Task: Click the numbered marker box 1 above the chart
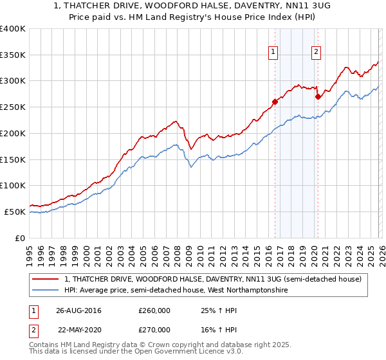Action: tap(273, 53)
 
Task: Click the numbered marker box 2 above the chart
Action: tap(317, 53)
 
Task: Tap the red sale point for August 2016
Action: tap(275, 101)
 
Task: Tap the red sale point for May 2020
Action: tap(317, 96)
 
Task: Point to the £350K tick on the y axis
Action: tap(13, 55)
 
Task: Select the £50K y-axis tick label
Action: tap(14, 212)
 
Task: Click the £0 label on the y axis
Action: tap(19, 238)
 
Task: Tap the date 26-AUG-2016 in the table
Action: tap(78, 310)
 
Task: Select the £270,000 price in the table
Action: tap(154, 329)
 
